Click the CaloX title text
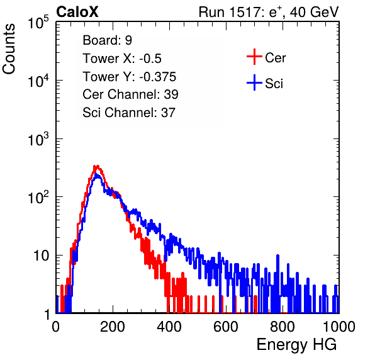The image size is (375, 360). (x=77, y=12)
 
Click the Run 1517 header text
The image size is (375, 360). (x=269, y=12)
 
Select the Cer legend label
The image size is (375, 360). (x=275, y=58)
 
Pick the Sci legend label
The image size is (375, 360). (x=274, y=84)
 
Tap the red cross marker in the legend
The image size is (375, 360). (x=254, y=57)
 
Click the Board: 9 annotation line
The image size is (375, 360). (x=107, y=40)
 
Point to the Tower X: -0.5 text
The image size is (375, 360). (x=122, y=59)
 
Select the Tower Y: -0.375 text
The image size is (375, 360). (x=130, y=77)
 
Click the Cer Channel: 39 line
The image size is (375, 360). (x=130, y=94)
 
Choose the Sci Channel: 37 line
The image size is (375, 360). (x=129, y=113)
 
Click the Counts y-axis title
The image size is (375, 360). (x=9, y=49)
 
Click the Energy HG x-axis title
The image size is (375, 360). (x=296, y=345)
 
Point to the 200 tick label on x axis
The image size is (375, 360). (x=113, y=327)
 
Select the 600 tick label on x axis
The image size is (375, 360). (x=226, y=327)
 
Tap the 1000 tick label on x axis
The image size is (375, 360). (x=339, y=327)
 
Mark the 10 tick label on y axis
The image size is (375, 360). (x=42, y=256)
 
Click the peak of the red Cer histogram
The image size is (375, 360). (x=96, y=166)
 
